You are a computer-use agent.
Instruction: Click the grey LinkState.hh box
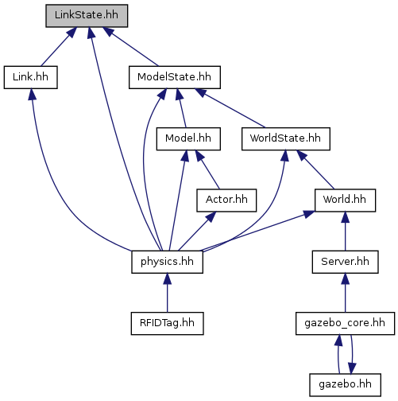pyautogui.click(x=87, y=16)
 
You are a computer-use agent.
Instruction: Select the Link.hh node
pyautogui.click(x=31, y=77)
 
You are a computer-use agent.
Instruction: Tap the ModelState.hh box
pyautogui.click(x=175, y=77)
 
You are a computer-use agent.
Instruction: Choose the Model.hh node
pyautogui.click(x=188, y=139)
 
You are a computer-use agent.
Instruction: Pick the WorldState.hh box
pyautogui.click(x=286, y=139)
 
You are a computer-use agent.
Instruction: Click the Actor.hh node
pyautogui.click(x=226, y=200)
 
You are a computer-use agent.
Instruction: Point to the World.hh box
pyautogui.click(x=345, y=200)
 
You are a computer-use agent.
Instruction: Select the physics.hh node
pyautogui.click(x=167, y=262)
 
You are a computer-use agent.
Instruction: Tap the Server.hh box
pyautogui.click(x=345, y=262)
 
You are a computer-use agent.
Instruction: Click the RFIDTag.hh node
pyautogui.click(x=167, y=324)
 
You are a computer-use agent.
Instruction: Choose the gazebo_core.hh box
pyautogui.click(x=345, y=324)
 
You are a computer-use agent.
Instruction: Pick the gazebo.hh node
pyautogui.click(x=345, y=385)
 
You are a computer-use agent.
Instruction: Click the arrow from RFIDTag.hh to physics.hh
pyautogui.click(x=167, y=293)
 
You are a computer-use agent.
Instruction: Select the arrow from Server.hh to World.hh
pyautogui.click(x=345, y=232)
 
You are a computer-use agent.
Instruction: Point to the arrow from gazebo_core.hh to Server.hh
pyautogui.click(x=345, y=293)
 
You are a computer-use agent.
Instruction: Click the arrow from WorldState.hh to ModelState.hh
pyautogui.click(x=230, y=108)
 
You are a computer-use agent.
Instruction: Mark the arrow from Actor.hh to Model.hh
pyautogui.click(x=207, y=169)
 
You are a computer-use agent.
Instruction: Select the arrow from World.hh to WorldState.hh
pyautogui.click(x=315, y=169)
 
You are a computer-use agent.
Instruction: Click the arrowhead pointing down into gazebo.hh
pyautogui.click(x=352, y=368)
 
